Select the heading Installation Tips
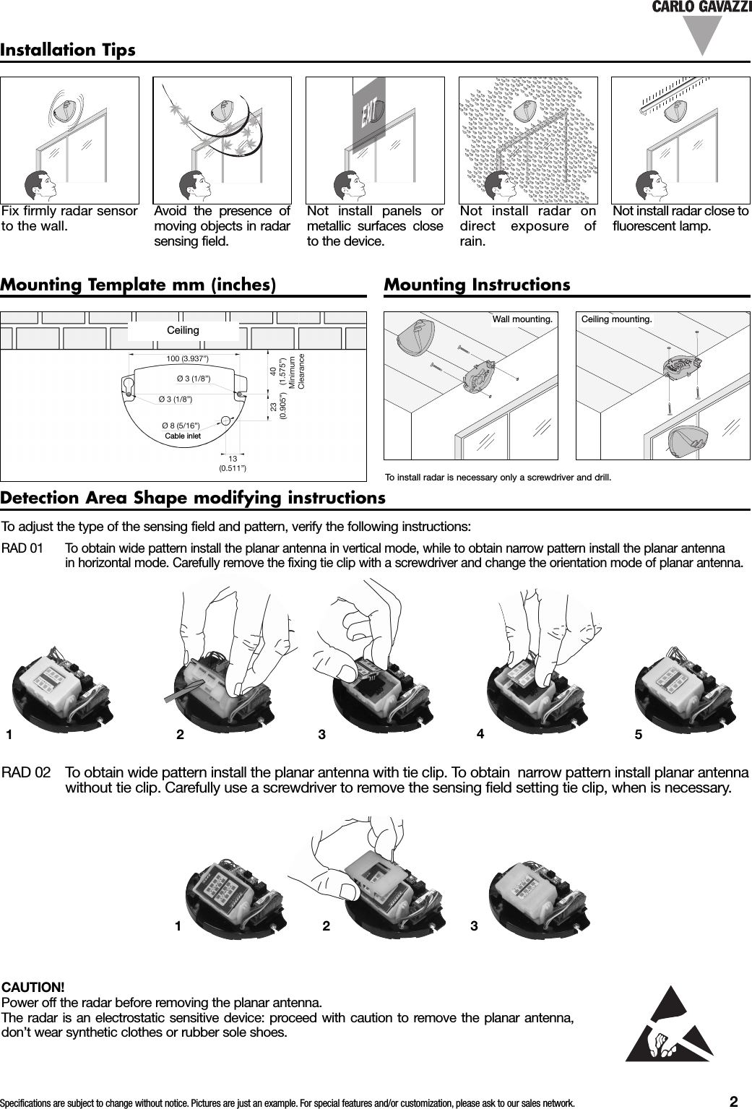click(68, 51)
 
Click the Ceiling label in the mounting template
click(183, 330)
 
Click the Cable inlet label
click(183, 436)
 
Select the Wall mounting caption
click(522, 319)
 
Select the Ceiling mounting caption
click(617, 319)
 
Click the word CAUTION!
click(34, 987)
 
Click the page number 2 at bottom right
click(733, 1101)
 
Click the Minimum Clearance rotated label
click(298, 372)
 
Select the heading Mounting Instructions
click(477, 285)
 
